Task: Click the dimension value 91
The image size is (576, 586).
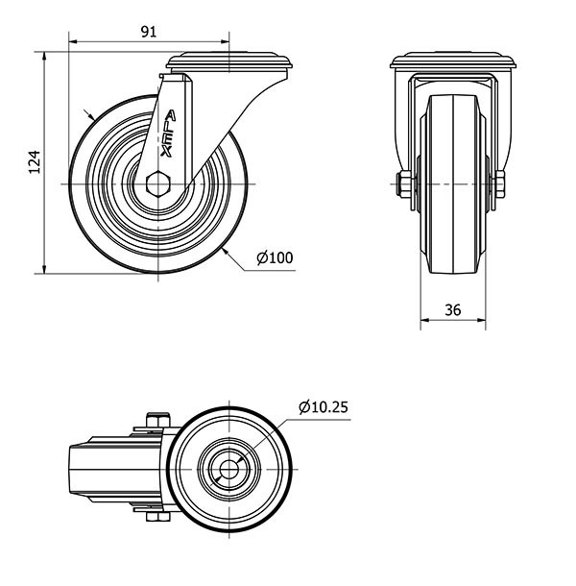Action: tap(149, 32)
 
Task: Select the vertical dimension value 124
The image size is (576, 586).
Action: tap(35, 162)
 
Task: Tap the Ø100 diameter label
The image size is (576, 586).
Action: tap(275, 257)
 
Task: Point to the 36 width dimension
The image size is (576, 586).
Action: tap(453, 310)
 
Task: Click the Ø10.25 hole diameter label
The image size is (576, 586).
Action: tap(324, 407)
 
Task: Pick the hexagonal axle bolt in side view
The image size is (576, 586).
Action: tap(158, 183)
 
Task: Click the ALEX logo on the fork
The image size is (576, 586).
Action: tap(168, 133)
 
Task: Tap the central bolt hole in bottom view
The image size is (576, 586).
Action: tap(228, 469)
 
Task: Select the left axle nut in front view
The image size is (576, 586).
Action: tap(404, 183)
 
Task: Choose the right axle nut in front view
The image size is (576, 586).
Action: tap(500, 183)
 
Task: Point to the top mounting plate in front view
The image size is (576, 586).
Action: tap(453, 61)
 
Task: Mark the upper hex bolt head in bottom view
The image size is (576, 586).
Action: tap(158, 420)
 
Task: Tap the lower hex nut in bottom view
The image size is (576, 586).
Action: tap(158, 517)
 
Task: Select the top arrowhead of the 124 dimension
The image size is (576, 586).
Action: tap(44, 56)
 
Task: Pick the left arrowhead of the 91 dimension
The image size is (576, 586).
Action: tap(73, 41)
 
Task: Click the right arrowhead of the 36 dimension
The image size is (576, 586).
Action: tap(482, 320)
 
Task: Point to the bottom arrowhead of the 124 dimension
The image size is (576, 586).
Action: tap(44, 269)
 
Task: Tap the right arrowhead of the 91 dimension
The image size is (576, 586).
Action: tap(225, 41)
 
